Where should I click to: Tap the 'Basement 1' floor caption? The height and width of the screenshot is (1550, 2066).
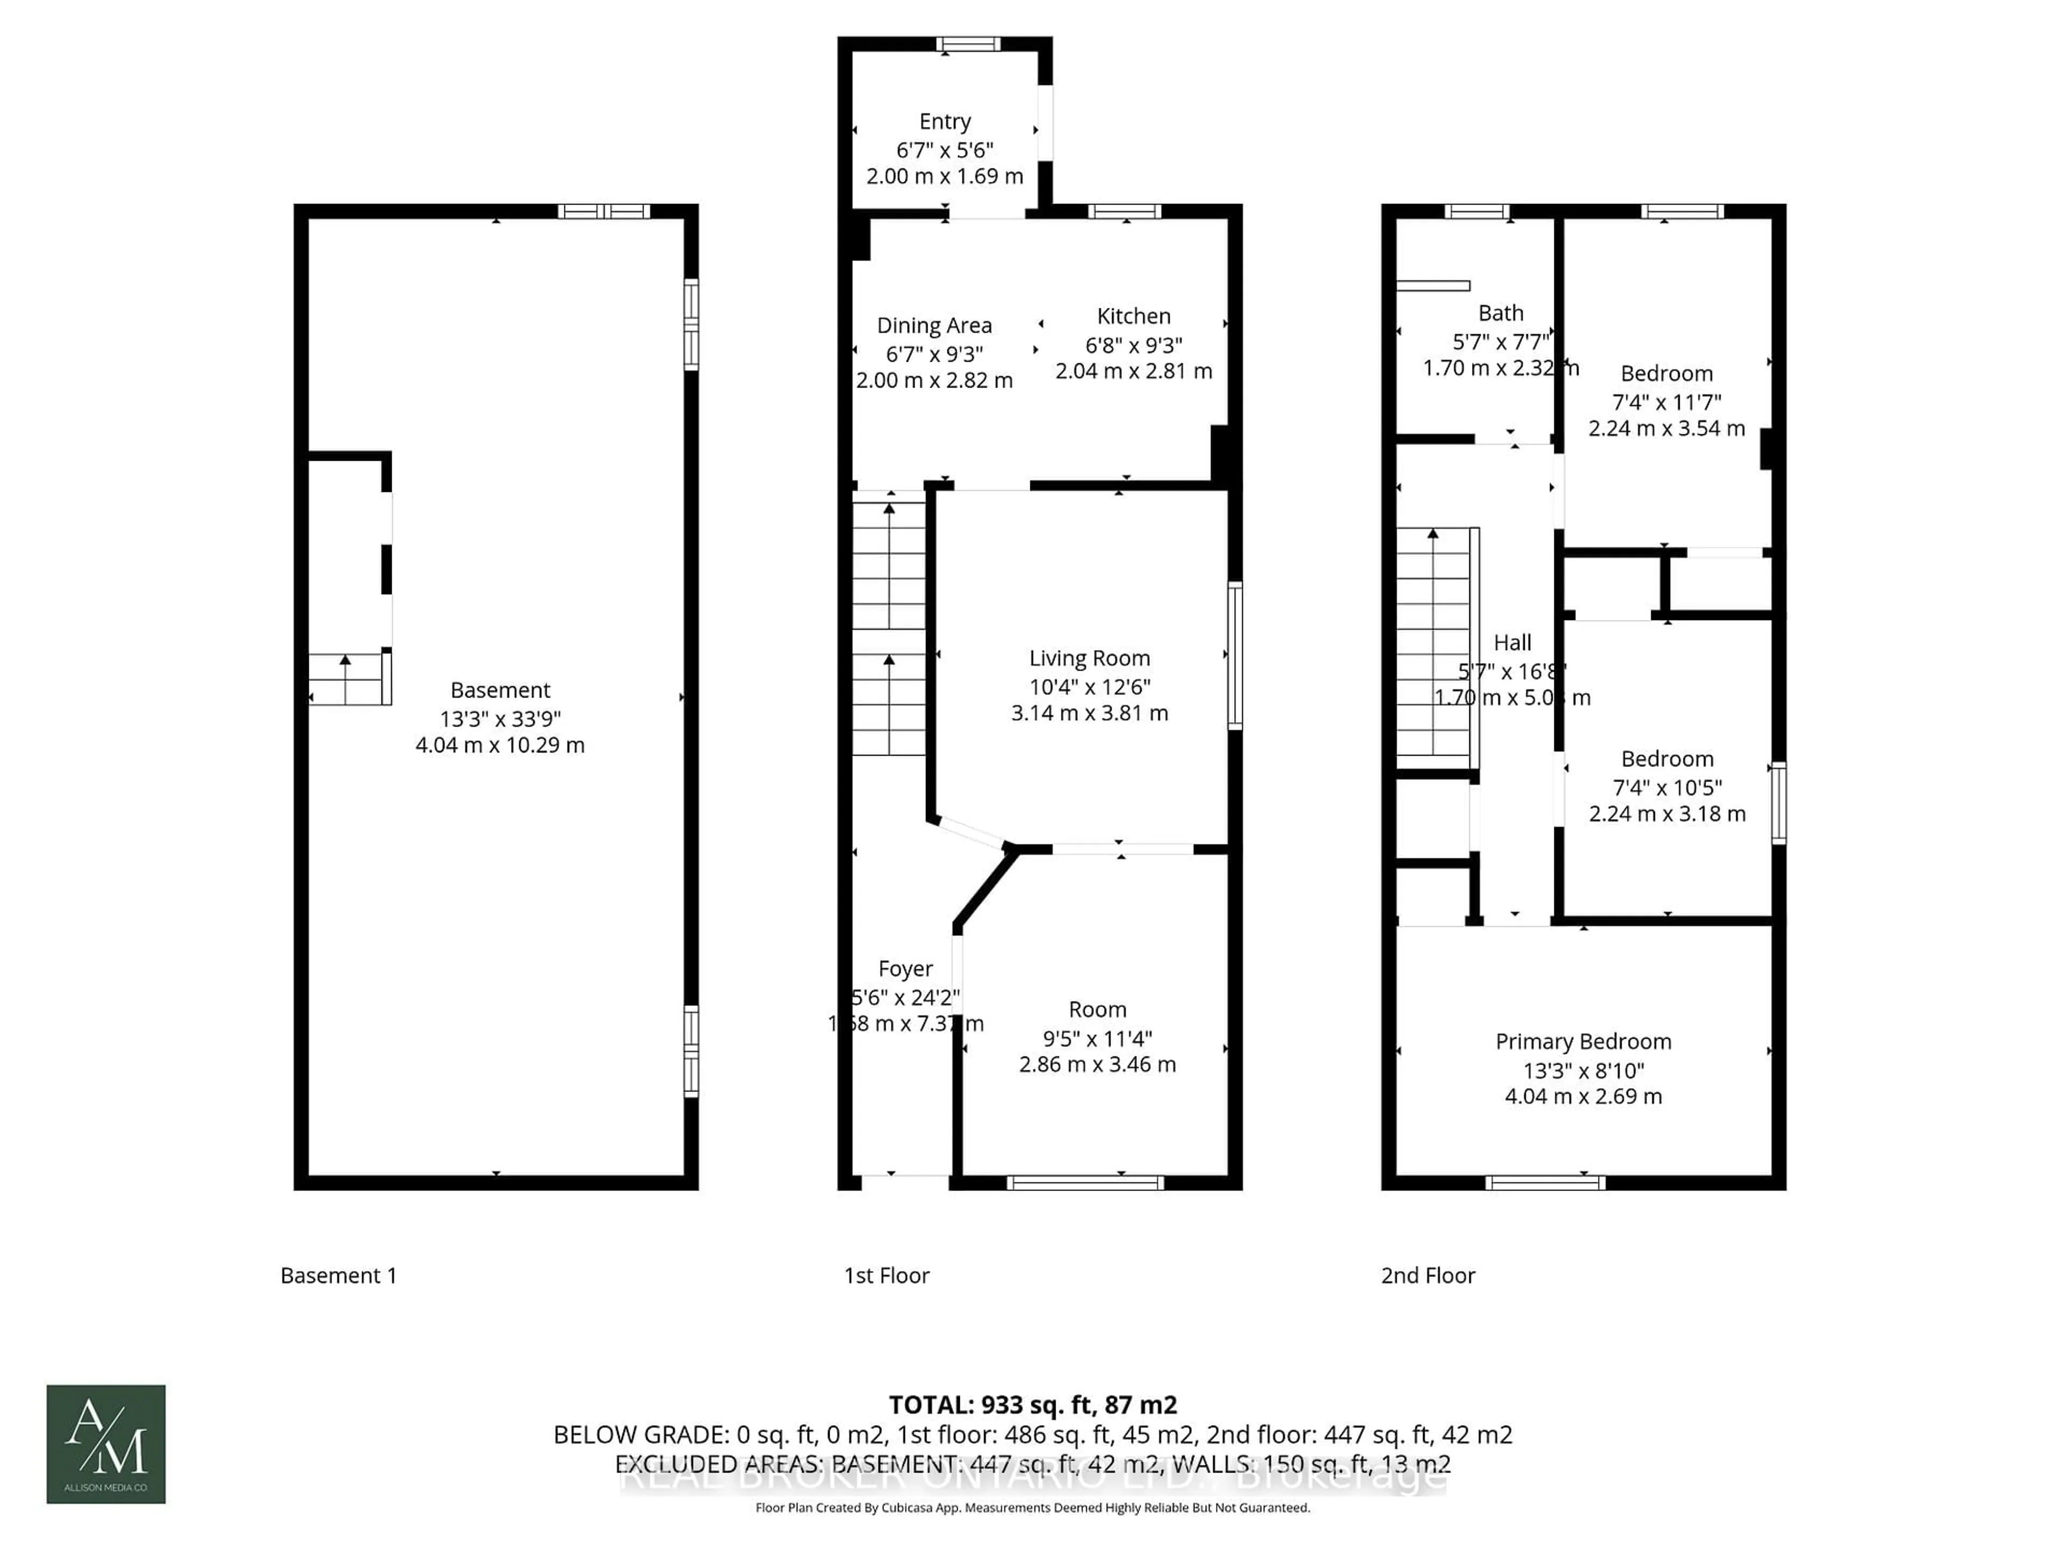(x=338, y=1276)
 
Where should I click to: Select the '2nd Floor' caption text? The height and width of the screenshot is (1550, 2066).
(x=1427, y=1276)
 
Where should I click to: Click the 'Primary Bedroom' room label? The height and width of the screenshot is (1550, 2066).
(x=1583, y=1042)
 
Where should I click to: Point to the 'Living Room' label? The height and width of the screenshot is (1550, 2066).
(x=1089, y=659)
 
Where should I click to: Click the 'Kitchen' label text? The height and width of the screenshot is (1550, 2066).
(x=1133, y=316)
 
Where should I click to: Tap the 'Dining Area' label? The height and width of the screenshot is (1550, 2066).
(x=934, y=326)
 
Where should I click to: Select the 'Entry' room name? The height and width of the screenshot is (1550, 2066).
(x=944, y=122)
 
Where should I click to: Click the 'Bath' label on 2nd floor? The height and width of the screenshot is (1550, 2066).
(x=1500, y=313)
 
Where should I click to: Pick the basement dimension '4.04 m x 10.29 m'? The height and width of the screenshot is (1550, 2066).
(x=500, y=745)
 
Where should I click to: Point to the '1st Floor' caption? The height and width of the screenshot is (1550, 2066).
(x=886, y=1276)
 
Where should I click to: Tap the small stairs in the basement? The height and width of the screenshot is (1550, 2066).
(x=348, y=679)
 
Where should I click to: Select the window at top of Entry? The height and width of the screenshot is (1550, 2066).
(x=968, y=44)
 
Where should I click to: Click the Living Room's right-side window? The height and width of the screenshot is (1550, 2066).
(x=1235, y=654)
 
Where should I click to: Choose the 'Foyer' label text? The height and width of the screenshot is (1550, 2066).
(x=905, y=969)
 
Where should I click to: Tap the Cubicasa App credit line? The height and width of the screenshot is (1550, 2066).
(x=1032, y=1508)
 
